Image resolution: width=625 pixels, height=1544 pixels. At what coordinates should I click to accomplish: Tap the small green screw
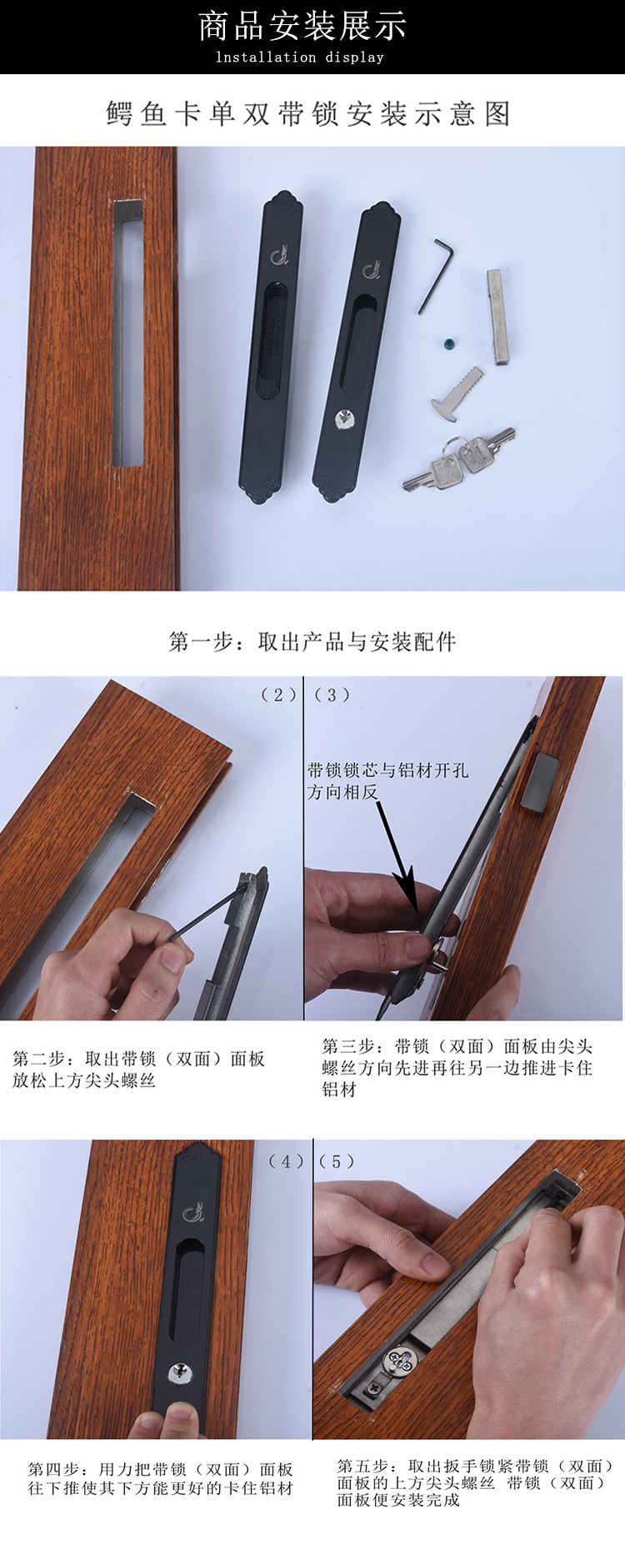coord(452,343)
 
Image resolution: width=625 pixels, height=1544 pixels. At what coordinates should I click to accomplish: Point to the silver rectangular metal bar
coord(497,317)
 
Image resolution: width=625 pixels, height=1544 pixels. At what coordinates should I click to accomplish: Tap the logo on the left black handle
coord(278,252)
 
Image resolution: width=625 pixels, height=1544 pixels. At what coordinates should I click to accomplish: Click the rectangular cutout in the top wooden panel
coord(128,333)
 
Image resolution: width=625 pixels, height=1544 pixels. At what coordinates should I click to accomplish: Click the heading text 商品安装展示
coord(302,27)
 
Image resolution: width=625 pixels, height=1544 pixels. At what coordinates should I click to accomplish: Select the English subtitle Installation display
coord(300,58)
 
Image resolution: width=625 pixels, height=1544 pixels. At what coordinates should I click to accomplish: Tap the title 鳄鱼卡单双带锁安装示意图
coord(308,113)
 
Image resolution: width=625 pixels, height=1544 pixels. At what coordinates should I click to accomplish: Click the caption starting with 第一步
coord(312,641)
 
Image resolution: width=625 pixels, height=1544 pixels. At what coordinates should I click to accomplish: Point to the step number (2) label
coord(278,694)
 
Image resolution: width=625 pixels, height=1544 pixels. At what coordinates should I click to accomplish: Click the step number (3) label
coord(332,694)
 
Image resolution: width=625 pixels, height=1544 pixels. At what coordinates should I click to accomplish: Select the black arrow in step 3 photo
coord(395,850)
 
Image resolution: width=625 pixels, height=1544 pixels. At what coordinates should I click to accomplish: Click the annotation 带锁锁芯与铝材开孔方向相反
coord(387,780)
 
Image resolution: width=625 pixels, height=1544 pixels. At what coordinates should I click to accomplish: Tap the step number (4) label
coord(286,1161)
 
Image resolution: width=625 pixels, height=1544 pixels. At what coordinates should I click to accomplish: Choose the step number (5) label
coord(337,1161)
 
